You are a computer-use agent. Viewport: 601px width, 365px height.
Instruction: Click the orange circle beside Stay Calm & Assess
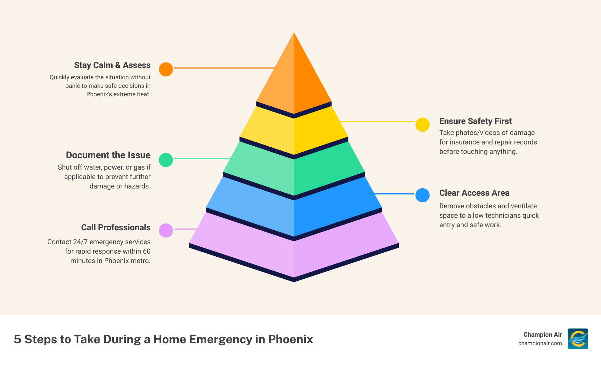(x=166, y=69)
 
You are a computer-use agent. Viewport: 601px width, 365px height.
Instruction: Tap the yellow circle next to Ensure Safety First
(x=422, y=125)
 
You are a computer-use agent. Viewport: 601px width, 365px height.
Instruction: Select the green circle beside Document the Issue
(x=166, y=160)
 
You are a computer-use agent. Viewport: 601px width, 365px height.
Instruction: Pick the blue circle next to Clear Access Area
(x=422, y=195)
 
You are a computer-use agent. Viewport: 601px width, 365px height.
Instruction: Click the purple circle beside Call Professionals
(x=166, y=230)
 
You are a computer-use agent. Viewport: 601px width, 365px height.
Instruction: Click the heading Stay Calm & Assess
(x=112, y=65)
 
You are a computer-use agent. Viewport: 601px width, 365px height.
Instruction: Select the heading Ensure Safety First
(x=475, y=121)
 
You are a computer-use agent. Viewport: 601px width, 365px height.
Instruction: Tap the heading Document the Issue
(x=108, y=155)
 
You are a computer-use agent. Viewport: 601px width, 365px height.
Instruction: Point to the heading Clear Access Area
(x=474, y=193)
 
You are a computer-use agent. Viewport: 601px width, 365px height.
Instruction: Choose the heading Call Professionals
(x=116, y=227)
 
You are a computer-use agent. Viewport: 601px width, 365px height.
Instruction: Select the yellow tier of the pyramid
(x=294, y=132)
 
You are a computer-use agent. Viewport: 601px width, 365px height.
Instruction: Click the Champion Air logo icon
(x=578, y=339)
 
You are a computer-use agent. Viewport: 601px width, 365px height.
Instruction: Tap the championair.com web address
(x=540, y=343)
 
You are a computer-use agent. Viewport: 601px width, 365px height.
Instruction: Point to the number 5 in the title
(x=18, y=339)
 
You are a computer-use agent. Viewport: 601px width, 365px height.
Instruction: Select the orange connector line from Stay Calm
(x=225, y=68)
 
